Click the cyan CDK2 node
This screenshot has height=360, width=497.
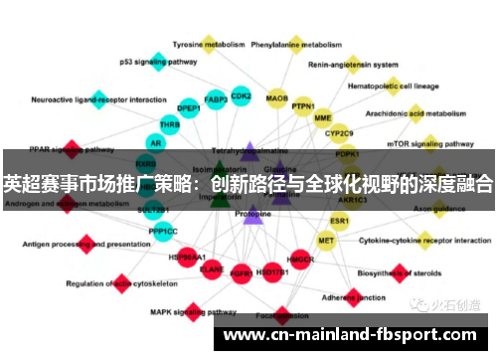(241, 96)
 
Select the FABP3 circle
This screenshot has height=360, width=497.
(216, 99)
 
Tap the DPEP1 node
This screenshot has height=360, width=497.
(189, 108)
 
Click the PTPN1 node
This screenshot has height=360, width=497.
(303, 106)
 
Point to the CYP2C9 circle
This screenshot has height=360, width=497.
(339, 133)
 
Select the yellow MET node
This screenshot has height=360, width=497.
(326, 240)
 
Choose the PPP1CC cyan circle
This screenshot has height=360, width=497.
(163, 231)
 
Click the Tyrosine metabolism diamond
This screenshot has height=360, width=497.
(209, 44)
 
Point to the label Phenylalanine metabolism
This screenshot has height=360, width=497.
(296, 45)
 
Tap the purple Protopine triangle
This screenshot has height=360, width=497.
(252, 212)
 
